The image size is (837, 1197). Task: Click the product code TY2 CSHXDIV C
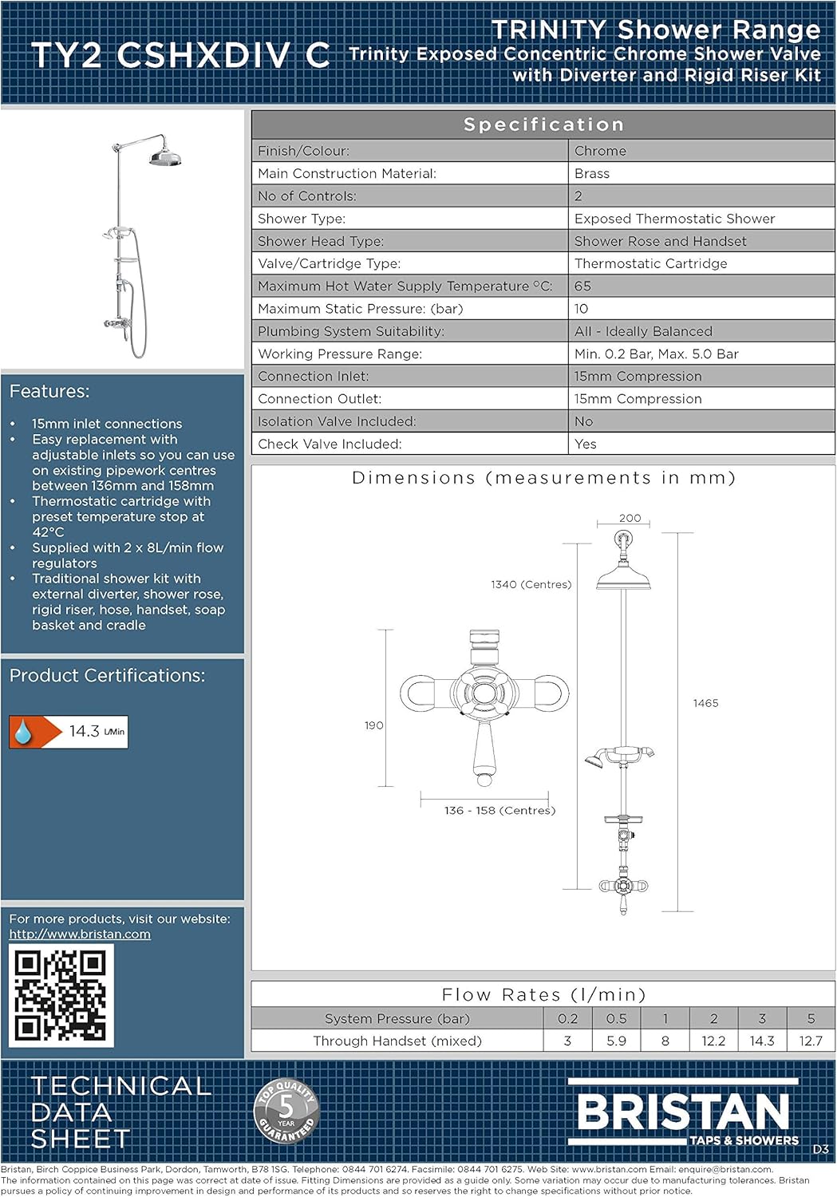[180, 55]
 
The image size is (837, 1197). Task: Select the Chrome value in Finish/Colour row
[600, 151]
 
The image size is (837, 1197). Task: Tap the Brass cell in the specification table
[591, 173]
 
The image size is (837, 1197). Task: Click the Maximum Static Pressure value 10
[581, 309]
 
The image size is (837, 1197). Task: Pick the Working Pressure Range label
[339, 354]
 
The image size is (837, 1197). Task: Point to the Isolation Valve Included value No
[583, 421]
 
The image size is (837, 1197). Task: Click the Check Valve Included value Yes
[585, 444]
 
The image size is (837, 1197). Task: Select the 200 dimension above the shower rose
[630, 518]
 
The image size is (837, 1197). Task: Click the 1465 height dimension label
[705, 703]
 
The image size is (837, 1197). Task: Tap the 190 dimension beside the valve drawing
[373, 725]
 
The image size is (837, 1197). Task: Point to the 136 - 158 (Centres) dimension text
[499, 810]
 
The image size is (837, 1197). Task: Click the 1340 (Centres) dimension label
[531, 584]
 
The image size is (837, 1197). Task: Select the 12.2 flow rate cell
[713, 1041]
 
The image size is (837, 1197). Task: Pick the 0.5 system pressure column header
[616, 1018]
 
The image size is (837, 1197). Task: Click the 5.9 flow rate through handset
[616, 1041]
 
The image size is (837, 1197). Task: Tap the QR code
[61, 995]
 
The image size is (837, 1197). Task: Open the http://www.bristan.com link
[80, 934]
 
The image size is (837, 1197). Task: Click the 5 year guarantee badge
[286, 1110]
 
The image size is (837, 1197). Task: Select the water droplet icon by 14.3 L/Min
[23, 732]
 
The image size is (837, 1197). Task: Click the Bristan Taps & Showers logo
[684, 1113]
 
